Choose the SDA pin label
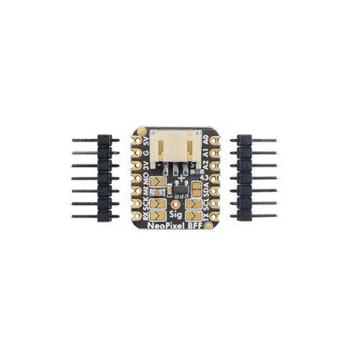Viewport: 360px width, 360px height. click(207, 187)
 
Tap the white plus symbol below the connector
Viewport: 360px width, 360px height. click(182, 179)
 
